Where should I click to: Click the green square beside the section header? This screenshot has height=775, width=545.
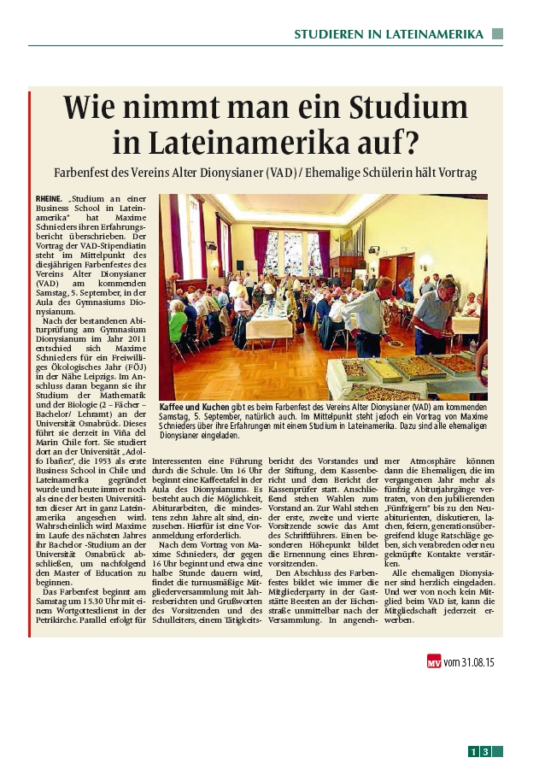(x=497, y=34)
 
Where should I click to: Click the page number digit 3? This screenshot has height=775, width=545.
(x=485, y=752)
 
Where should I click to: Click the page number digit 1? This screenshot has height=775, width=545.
(x=473, y=752)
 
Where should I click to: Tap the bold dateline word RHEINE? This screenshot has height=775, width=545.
(x=48, y=197)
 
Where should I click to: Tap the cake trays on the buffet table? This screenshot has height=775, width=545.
(x=401, y=369)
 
